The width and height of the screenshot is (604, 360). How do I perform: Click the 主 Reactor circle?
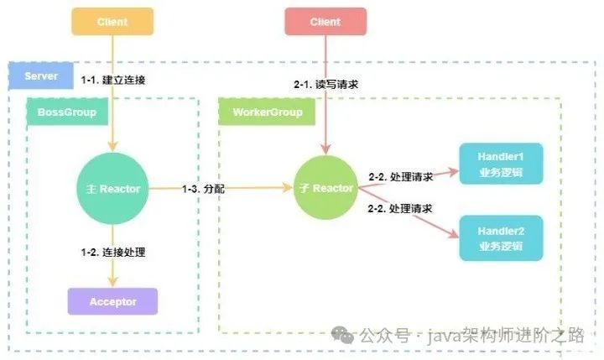(x=112, y=189)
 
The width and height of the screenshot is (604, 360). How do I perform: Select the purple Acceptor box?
(x=112, y=301)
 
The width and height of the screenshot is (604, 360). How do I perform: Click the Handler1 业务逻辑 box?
(x=500, y=165)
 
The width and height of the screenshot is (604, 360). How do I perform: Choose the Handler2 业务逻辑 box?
(x=500, y=237)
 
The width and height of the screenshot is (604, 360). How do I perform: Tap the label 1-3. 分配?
(x=204, y=189)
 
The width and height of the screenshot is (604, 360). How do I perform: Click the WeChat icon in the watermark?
(x=343, y=335)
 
